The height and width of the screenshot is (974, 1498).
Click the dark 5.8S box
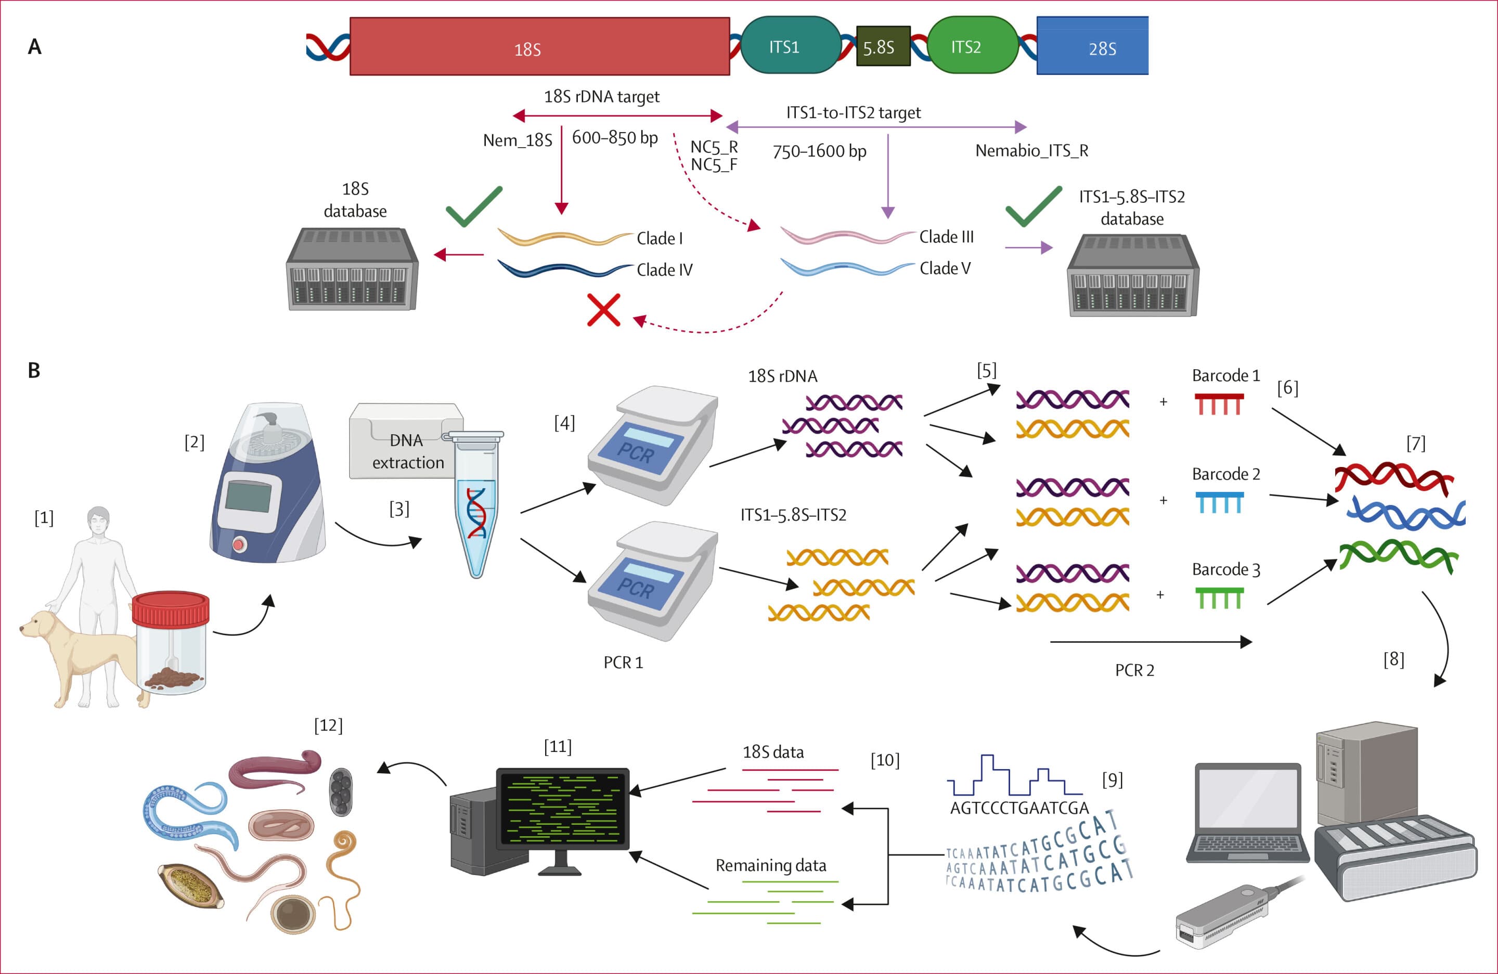tap(883, 46)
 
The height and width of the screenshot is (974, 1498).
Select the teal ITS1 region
tap(791, 45)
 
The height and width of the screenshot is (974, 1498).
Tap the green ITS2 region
tap(973, 45)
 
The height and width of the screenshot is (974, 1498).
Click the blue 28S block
tap(1093, 45)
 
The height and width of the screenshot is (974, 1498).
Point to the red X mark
tap(603, 309)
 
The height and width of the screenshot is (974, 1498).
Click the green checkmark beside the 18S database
tap(474, 206)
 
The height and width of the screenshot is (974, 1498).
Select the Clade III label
tap(946, 237)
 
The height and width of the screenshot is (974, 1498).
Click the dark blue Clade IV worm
tap(564, 269)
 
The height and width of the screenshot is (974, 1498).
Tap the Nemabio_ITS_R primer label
tap(1031, 150)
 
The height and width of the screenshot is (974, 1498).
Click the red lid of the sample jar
tap(170, 608)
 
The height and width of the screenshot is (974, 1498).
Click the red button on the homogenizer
tap(239, 544)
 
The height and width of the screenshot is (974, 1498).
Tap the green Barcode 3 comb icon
tap(1219, 598)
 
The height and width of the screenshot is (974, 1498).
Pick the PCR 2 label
tap(1134, 670)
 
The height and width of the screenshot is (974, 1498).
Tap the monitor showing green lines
tap(563, 808)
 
